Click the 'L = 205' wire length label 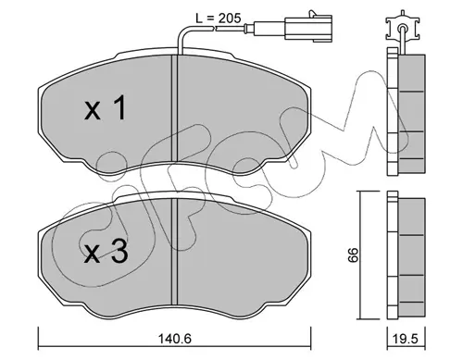pos(219,19)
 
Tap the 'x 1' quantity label pos(106,108)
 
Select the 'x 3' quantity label pos(106,252)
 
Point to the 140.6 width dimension pos(175,339)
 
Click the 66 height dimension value pos(353,254)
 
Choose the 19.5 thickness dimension pos(407,339)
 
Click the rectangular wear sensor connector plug pos(308,29)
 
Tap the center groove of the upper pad pos(175,108)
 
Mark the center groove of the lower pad pos(175,252)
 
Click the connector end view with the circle pos(402,29)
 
